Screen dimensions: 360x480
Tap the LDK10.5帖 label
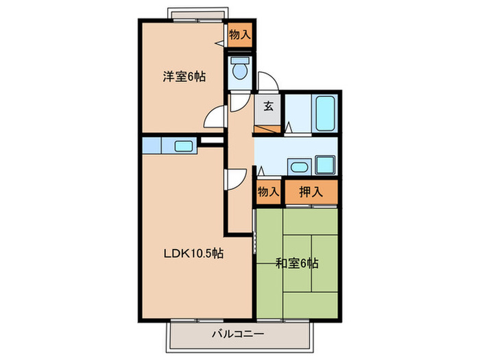tap(193, 253)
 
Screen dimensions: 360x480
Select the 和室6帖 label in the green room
tap(296, 262)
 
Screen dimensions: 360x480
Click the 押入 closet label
tap(311, 192)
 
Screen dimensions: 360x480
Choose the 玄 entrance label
tap(268, 106)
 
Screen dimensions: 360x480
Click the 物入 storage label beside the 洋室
tap(239, 35)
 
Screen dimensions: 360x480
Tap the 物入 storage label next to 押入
tap(268, 192)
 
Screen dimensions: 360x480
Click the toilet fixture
tap(240, 69)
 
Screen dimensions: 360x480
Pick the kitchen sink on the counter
tap(183, 145)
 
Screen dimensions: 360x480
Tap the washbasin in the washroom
tap(297, 166)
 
